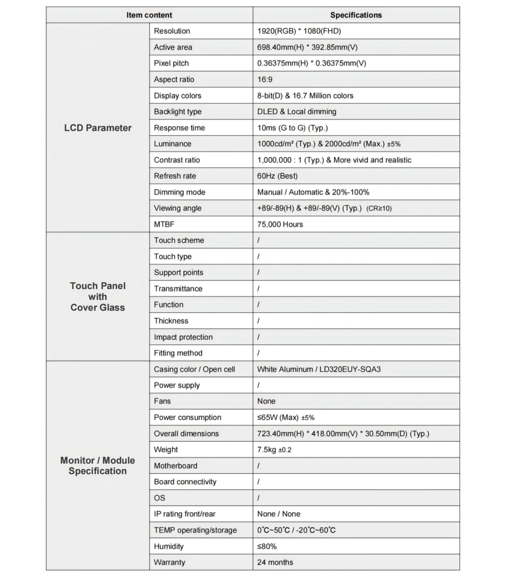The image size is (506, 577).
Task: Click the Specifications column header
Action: (x=355, y=15)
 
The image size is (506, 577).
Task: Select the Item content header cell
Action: (x=149, y=15)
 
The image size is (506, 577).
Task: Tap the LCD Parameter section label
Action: (x=98, y=128)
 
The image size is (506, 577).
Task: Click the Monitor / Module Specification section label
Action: (x=98, y=465)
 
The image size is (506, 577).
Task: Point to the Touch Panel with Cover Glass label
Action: (x=98, y=296)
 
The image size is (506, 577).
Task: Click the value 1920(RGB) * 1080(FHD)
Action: (x=299, y=31)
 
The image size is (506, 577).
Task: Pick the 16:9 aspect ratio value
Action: (x=265, y=79)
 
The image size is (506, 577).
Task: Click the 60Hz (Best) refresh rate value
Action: (x=277, y=176)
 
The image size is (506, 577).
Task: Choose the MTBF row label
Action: (x=164, y=224)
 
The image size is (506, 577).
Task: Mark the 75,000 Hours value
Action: (x=280, y=224)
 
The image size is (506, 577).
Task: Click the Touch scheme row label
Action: (x=179, y=240)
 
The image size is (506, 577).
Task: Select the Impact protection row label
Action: (x=183, y=337)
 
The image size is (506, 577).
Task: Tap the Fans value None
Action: (x=266, y=401)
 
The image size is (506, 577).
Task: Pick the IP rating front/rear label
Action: (x=184, y=514)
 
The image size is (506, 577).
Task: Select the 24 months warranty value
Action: (x=275, y=562)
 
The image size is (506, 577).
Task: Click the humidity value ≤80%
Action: (x=267, y=546)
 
